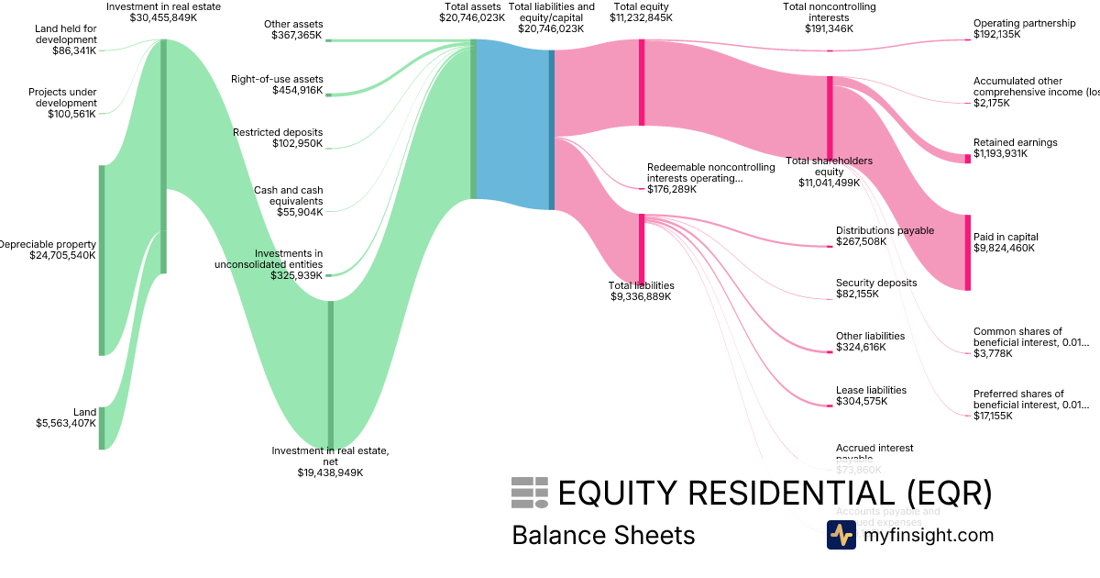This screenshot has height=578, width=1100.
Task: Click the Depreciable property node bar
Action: coord(102,260)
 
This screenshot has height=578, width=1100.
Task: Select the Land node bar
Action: coord(102,428)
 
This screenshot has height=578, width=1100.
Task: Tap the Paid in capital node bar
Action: coord(967,252)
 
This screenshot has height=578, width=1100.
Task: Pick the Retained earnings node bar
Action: coord(967,159)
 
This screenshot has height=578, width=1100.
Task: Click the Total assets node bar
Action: coord(474,119)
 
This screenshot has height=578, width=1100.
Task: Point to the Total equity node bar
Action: coord(642,83)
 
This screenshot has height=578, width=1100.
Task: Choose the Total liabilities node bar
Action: coord(642,249)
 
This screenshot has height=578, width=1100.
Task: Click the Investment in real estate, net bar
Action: coord(331,374)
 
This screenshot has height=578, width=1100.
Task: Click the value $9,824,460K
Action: coord(1004,249)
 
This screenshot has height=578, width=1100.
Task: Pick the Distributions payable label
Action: coord(885,230)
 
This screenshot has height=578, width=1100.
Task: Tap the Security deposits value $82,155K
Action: coord(857,295)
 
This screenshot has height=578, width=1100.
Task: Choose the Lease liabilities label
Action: coord(871,390)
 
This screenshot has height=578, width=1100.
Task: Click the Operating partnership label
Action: coord(1024,23)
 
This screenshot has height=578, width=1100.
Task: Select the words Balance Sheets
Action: coord(603,535)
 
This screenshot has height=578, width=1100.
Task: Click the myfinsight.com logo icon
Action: coord(841,535)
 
